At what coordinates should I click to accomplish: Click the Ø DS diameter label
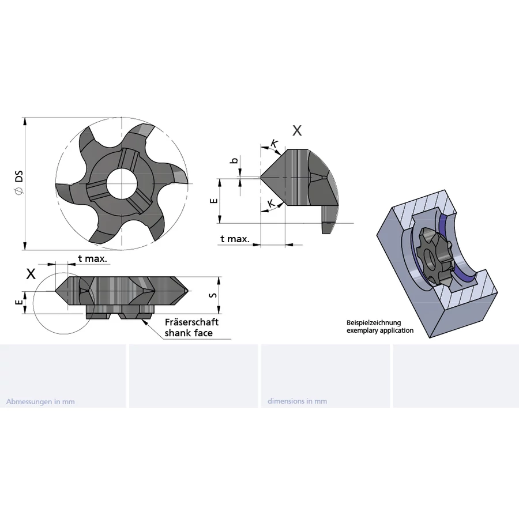point(19,182)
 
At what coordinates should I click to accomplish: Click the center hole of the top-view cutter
point(122,183)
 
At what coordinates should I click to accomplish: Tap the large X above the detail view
point(297,131)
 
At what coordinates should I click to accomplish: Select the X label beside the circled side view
point(31,274)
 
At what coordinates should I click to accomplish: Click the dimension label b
point(234,161)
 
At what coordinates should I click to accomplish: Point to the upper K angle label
point(274,144)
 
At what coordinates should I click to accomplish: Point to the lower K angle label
point(271,203)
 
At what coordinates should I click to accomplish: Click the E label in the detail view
point(214,201)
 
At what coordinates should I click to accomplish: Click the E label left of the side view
point(19,302)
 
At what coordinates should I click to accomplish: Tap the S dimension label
point(214,295)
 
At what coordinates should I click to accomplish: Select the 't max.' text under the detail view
point(235,239)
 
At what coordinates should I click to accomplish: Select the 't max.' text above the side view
point(93,258)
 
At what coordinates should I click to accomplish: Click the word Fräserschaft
point(192,322)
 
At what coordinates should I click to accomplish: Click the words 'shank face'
point(189,333)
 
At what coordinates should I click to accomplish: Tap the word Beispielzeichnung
point(374,323)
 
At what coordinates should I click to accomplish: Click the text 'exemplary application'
point(380,330)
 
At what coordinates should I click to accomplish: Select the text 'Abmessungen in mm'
point(40,401)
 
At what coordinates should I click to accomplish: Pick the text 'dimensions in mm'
point(297,401)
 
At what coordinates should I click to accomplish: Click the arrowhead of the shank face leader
point(145,322)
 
